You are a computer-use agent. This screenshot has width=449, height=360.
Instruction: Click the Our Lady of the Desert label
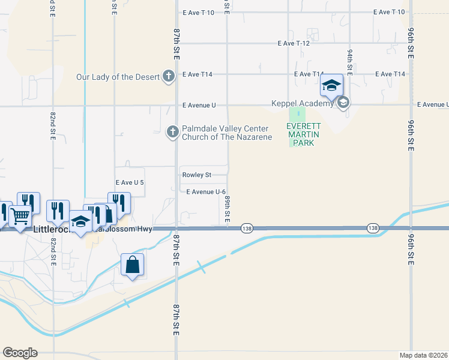[x=118, y=77]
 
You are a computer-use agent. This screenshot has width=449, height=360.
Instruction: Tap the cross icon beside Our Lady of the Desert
[x=169, y=76]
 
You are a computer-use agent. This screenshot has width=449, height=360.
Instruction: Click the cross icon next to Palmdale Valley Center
[x=173, y=131]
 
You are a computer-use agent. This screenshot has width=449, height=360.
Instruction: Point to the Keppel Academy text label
[x=303, y=104]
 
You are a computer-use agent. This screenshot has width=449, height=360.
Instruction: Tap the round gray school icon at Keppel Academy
[x=343, y=103]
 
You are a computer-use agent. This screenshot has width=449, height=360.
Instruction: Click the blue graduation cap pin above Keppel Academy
[x=331, y=86]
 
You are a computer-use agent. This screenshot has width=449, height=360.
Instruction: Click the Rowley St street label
[x=196, y=175]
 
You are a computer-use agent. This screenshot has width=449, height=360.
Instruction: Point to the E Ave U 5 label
[x=130, y=182]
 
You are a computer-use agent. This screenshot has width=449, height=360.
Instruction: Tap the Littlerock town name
[x=52, y=230]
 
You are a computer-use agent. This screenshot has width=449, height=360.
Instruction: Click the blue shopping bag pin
[x=132, y=265]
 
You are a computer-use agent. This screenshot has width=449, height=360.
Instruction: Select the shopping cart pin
[x=20, y=216]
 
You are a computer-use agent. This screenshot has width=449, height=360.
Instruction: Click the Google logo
[x=20, y=353]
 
